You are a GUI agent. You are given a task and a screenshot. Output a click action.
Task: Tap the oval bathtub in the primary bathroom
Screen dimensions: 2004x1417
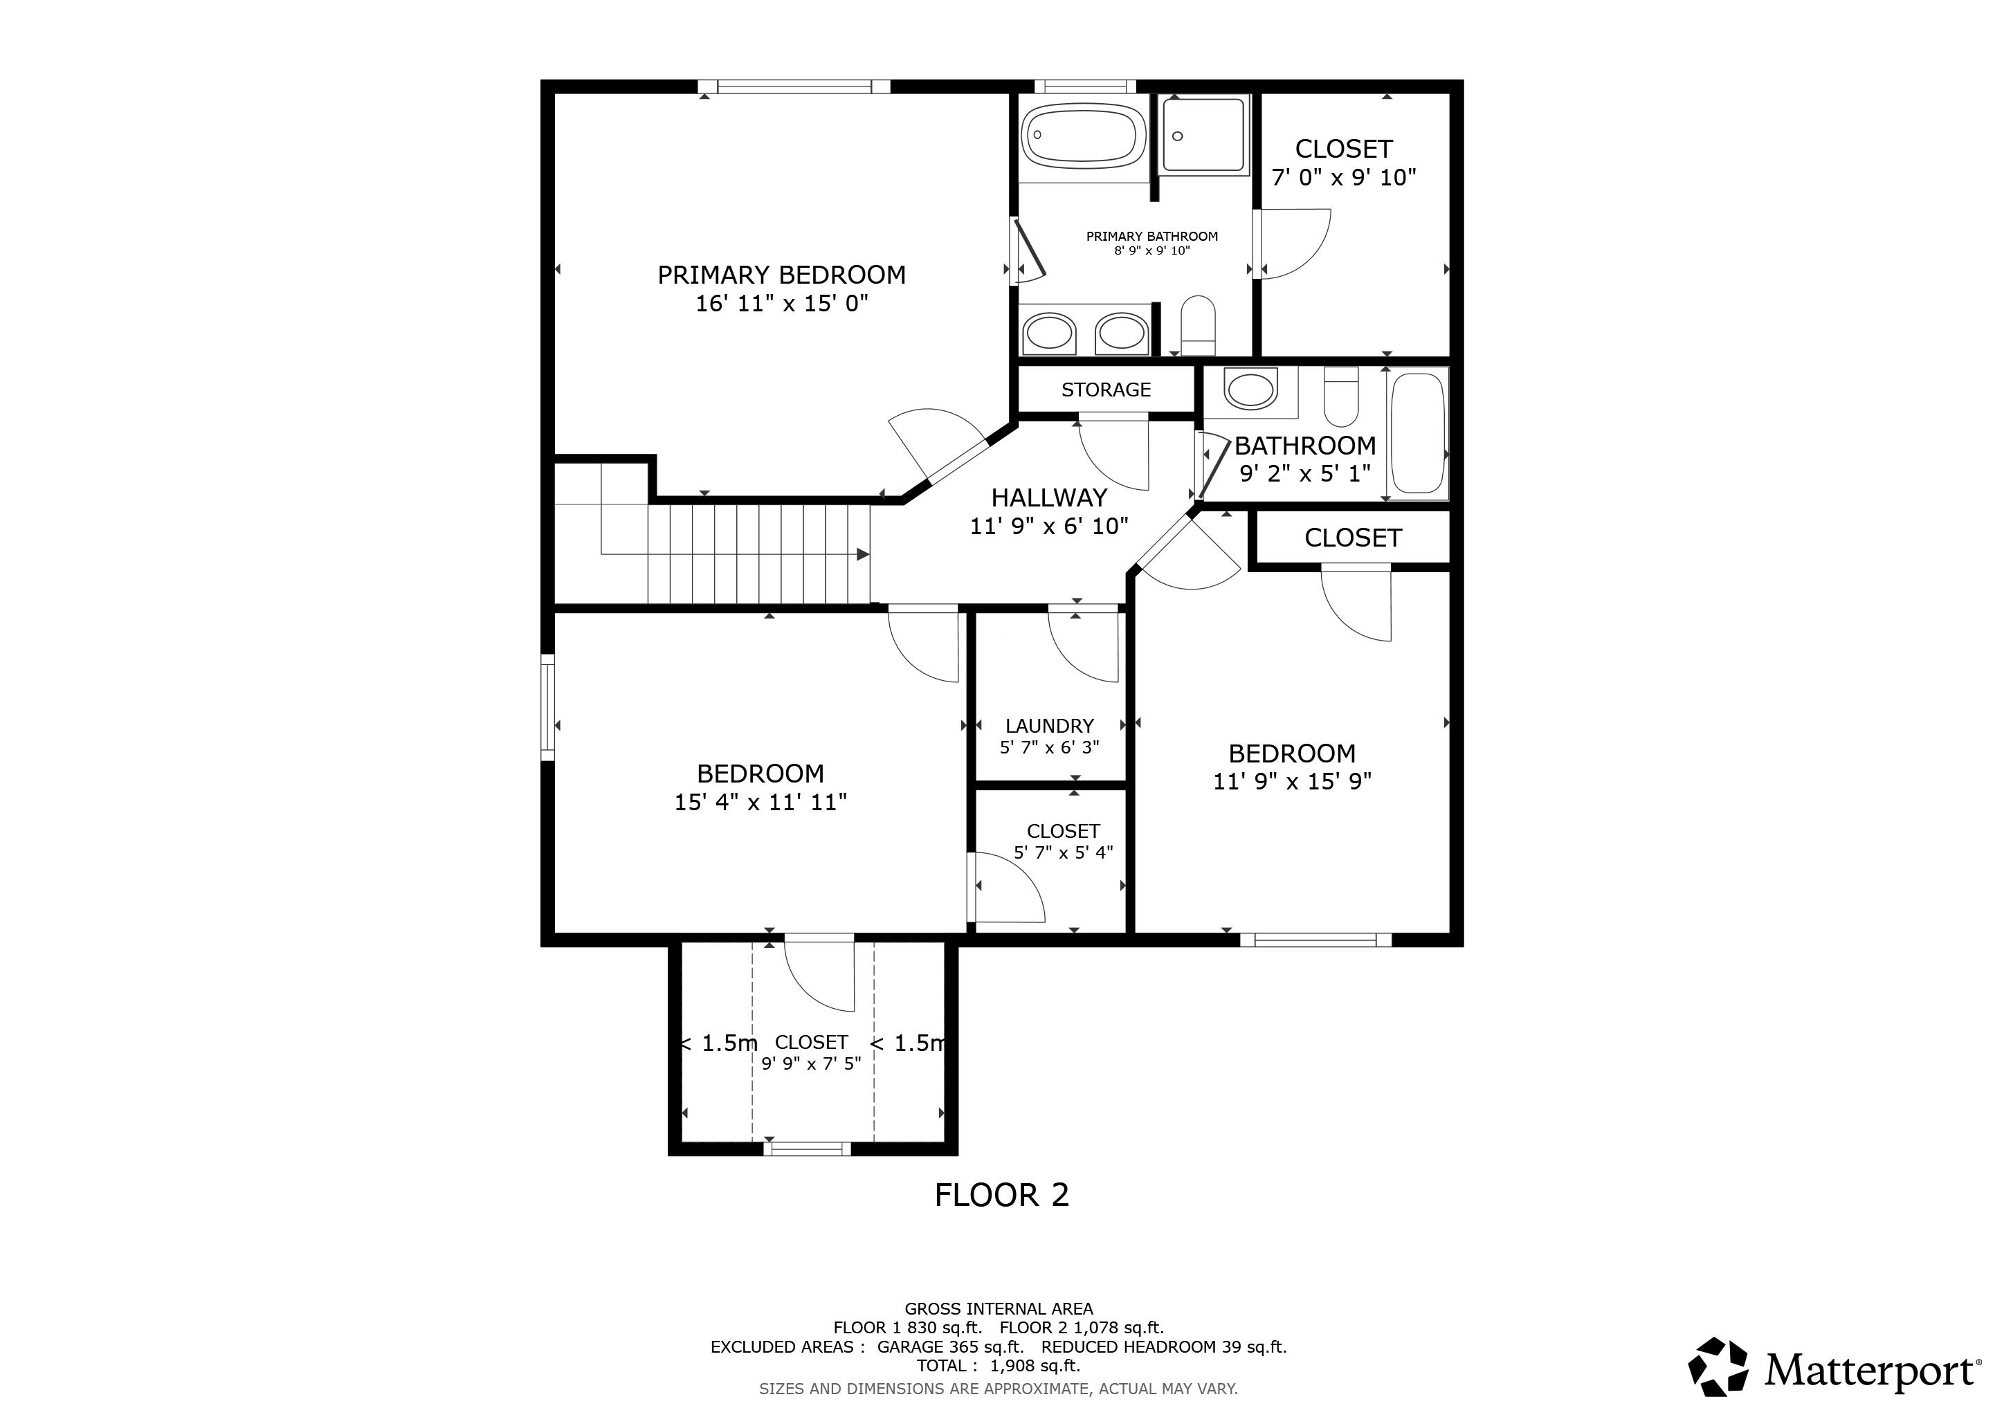(x=1084, y=136)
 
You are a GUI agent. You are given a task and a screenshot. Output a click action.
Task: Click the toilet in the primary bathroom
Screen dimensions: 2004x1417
(x=1198, y=324)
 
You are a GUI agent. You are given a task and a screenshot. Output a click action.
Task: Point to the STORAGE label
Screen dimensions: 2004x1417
(x=1106, y=390)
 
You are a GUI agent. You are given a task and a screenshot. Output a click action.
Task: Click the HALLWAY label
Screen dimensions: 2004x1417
(x=1049, y=498)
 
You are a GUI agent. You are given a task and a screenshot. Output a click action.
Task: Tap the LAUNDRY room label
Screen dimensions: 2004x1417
(x=1049, y=726)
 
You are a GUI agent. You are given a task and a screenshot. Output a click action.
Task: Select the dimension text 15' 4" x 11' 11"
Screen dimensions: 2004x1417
(x=760, y=802)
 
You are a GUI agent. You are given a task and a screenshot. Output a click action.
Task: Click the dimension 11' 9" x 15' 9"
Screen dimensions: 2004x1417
(x=1292, y=781)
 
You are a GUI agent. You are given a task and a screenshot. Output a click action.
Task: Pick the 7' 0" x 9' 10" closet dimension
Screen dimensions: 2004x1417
(x=1343, y=178)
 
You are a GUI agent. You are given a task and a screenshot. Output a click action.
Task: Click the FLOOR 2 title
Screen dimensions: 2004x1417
(x=1001, y=1196)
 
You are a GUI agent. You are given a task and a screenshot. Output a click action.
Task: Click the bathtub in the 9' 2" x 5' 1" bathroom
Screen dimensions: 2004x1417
(x=1419, y=434)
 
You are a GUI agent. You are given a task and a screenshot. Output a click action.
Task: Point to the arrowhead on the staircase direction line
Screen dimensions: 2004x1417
(x=863, y=554)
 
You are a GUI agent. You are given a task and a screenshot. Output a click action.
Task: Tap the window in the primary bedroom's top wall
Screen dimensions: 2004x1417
(x=794, y=86)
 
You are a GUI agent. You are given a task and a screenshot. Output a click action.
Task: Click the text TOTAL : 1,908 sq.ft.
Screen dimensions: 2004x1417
(x=998, y=1366)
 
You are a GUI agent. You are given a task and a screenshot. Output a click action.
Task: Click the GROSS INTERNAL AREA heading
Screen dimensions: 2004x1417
(x=999, y=1309)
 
